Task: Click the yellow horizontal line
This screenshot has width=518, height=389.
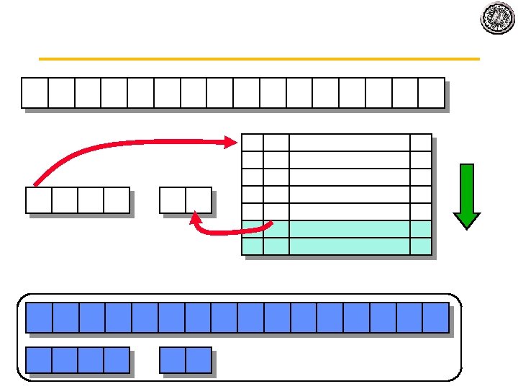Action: tap(259, 58)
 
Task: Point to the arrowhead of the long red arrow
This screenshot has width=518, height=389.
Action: tap(230, 142)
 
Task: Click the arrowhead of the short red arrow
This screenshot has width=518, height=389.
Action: tap(194, 216)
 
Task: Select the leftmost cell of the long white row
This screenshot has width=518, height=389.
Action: tap(35, 92)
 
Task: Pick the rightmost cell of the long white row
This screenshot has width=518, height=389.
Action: tap(431, 92)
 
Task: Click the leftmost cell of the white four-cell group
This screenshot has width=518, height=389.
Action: tap(39, 200)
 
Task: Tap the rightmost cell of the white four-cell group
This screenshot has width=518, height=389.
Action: tap(117, 200)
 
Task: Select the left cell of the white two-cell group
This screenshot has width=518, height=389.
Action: tap(173, 200)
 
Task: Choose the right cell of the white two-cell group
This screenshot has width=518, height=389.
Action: tap(199, 200)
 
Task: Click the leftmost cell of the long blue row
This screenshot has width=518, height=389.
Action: tap(39, 318)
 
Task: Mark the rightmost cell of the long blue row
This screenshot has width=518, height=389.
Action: tap(435, 318)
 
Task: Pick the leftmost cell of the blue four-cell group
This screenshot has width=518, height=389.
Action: tap(39, 360)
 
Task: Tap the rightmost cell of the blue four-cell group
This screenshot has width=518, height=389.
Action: tap(117, 360)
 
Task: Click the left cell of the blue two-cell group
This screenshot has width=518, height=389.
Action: tap(173, 360)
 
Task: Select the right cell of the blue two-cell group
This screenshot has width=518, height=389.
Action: tap(199, 360)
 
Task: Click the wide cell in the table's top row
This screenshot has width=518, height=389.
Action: tap(349, 143)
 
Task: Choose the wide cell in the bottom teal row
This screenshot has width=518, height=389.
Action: tap(349, 246)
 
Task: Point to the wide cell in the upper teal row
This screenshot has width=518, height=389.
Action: tap(349, 229)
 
